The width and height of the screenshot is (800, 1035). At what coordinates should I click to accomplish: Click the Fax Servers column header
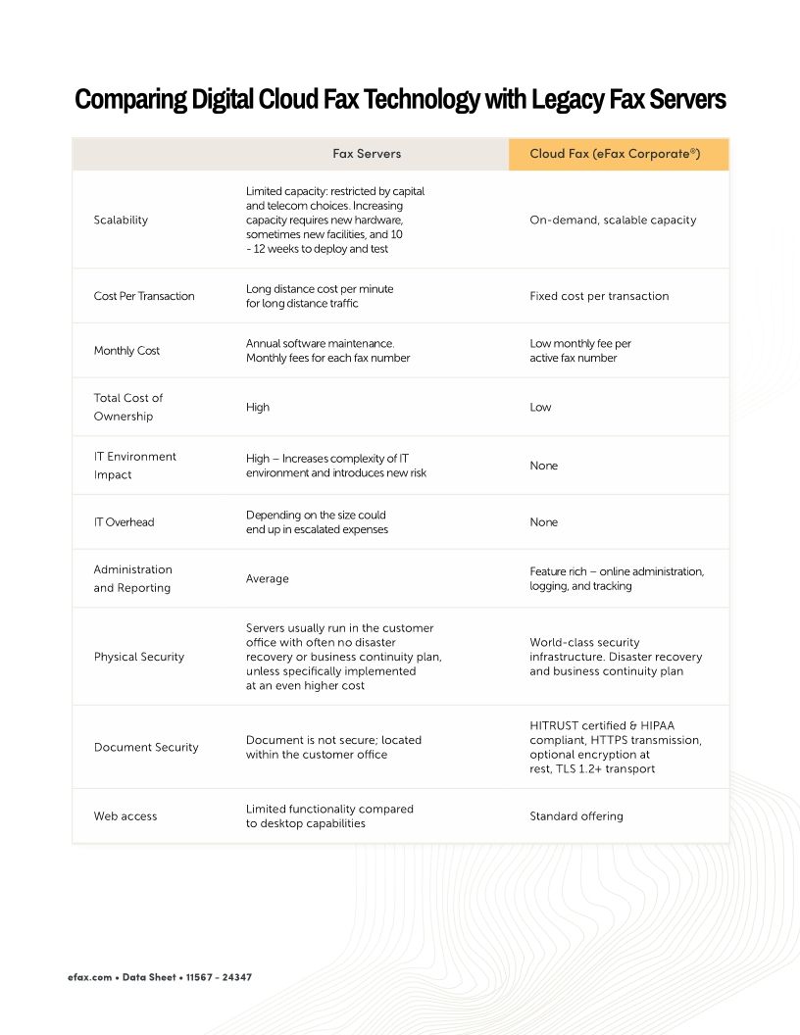(x=366, y=154)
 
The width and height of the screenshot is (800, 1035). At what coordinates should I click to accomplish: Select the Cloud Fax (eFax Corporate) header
(x=615, y=154)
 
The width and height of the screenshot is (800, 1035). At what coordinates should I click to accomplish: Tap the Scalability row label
(x=121, y=221)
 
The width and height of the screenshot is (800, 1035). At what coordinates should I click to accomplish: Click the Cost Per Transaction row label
(x=144, y=296)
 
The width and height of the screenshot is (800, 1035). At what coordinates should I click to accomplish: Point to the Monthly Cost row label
(x=126, y=351)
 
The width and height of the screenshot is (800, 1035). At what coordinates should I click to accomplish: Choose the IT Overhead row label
(x=124, y=522)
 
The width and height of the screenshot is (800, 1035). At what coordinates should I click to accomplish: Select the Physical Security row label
(x=139, y=657)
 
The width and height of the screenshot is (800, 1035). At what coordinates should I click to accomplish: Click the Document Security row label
(x=146, y=747)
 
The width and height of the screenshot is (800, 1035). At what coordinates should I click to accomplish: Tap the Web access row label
(x=125, y=816)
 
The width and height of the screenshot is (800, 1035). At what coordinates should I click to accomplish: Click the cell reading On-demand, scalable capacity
(x=613, y=221)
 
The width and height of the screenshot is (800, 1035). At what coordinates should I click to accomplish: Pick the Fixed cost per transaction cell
(x=599, y=296)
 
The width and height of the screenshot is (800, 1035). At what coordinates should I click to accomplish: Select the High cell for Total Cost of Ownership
(x=258, y=407)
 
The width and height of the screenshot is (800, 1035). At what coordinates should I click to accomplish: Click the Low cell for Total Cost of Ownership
(x=540, y=407)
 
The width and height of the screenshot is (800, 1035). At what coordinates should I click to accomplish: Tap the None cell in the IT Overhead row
(x=543, y=522)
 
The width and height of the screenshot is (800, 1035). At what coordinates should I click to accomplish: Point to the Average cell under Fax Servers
(x=267, y=578)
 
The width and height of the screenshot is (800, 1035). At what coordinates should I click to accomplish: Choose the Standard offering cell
(x=575, y=816)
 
